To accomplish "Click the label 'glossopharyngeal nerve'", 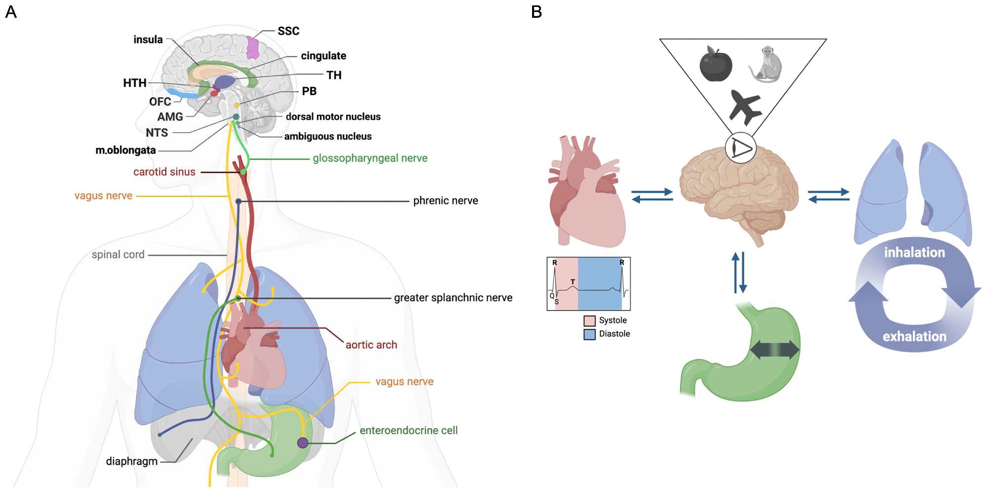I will [370, 158].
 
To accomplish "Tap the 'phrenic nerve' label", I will [446, 201].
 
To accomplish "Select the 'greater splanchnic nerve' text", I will [453, 298].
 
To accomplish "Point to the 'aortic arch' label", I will [371, 345].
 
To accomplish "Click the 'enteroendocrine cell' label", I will [408, 431].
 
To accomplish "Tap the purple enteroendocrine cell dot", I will [303, 443].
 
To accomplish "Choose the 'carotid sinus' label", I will [164, 172].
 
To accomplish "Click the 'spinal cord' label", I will [118, 255].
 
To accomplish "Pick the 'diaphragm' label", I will [132, 461].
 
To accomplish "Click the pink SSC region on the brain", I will [253, 47].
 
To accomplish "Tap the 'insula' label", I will [148, 40].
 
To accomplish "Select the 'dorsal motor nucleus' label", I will [333, 117].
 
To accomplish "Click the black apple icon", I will [716, 65].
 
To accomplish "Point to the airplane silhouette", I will [745, 107].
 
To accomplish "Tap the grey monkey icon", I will [765, 64].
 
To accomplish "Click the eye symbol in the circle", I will [741, 148].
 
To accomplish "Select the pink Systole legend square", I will [589, 321].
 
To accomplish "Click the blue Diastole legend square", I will [589, 334].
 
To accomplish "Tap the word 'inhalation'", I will [914, 253].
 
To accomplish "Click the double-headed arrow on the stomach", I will [774, 350].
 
